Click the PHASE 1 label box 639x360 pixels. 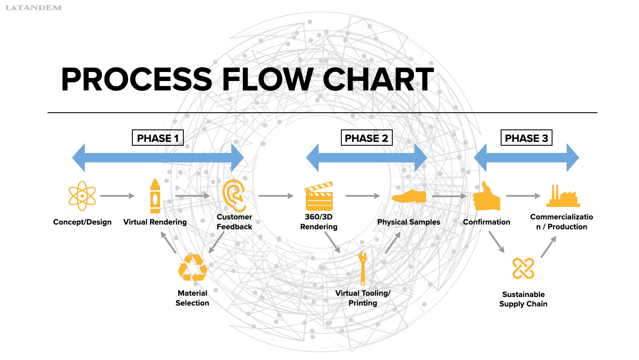point(158,138)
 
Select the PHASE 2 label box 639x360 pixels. point(366,138)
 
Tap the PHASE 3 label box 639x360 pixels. point(526,138)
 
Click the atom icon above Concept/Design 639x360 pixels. point(82,196)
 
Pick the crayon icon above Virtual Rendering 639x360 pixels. point(155,196)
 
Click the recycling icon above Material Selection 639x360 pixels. point(193,268)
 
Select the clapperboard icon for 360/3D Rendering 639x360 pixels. point(319,196)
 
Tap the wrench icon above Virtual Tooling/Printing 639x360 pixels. point(363,268)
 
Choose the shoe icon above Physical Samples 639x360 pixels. point(409,196)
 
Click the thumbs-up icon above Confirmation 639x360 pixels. point(487,196)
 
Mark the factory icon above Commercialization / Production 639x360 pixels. point(563,196)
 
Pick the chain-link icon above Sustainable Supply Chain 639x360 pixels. point(523,269)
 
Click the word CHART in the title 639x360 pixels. point(378,80)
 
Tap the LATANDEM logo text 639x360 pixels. point(33,8)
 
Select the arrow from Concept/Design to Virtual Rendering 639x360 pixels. point(117,196)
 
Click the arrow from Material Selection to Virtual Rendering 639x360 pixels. point(169,243)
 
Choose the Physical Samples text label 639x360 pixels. point(409,222)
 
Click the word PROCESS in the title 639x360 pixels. point(137,80)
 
